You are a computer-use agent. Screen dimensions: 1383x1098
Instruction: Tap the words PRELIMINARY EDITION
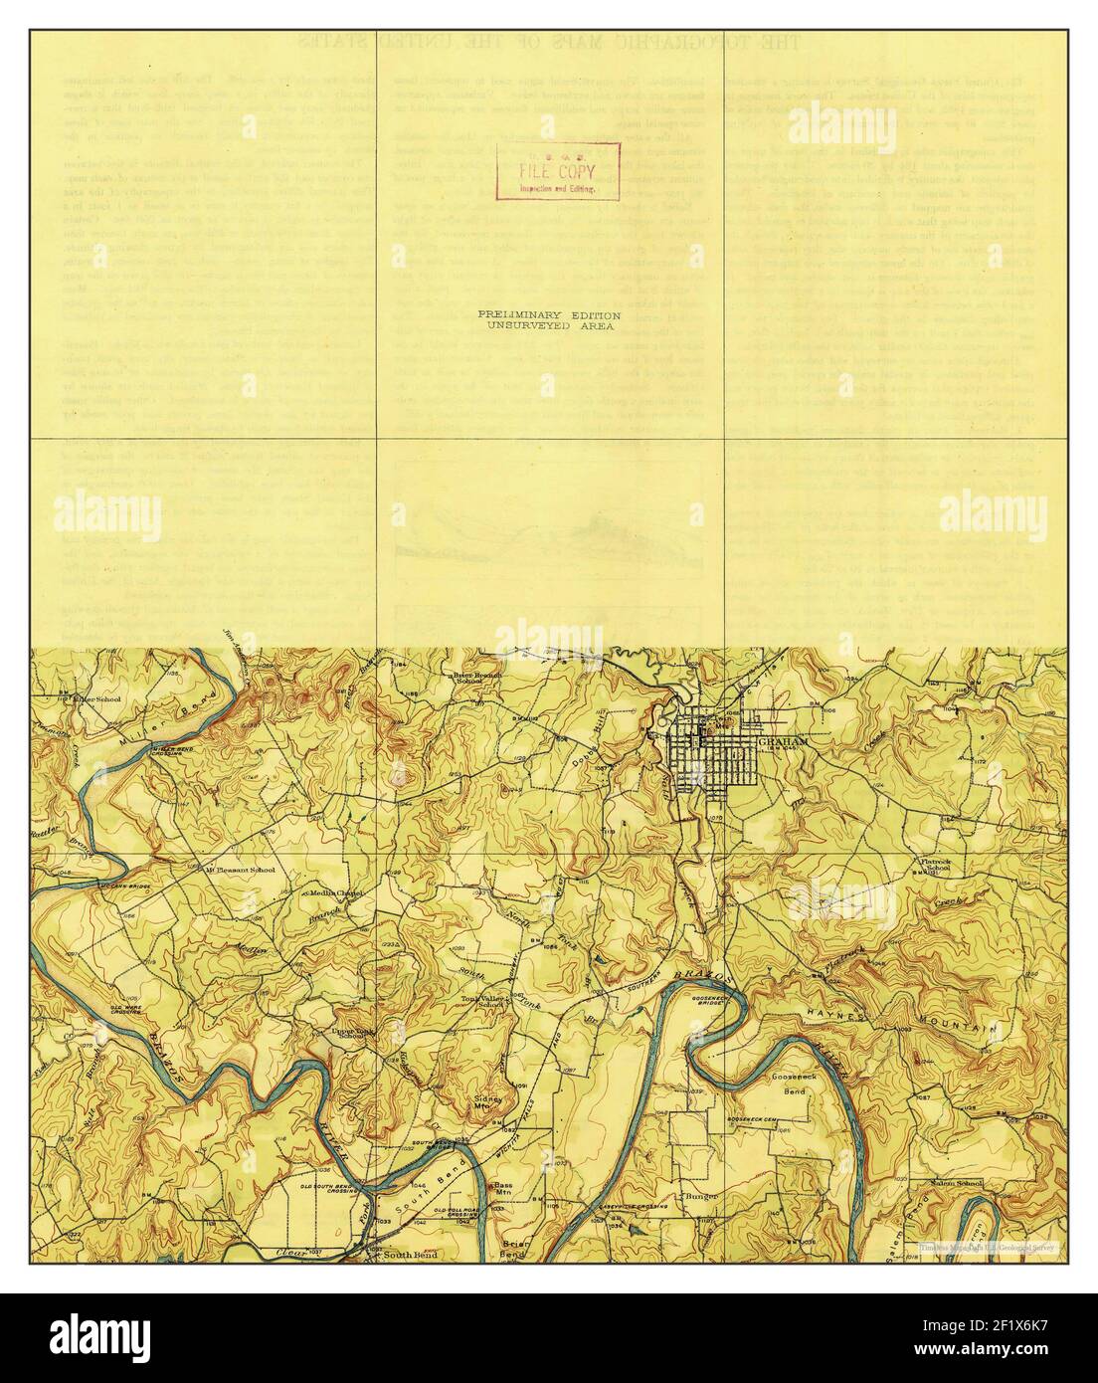coord(549,313)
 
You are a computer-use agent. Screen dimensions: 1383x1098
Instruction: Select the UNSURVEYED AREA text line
coord(549,325)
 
